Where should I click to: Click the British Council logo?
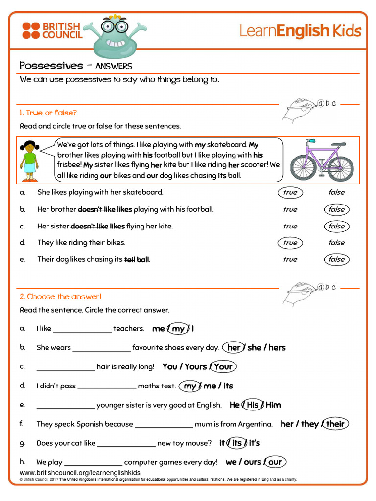point(52,30)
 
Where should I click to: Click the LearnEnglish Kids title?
point(300,31)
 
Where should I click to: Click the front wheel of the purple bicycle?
point(340,168)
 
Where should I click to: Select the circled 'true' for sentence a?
point(290,192)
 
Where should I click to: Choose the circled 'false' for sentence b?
point(336,209)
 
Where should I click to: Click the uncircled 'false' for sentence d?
point(336,242)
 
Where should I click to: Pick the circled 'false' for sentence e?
point(336,259)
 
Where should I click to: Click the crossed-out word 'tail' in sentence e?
point(129,260)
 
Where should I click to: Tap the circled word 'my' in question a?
point(178,329)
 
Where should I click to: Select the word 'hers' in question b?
point(277,348)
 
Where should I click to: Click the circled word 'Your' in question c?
point(223,366)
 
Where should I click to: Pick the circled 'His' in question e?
point(253,405)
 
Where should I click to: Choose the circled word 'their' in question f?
point(335,424)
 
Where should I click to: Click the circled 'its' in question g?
point(237,443)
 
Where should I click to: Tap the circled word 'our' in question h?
point(275,462)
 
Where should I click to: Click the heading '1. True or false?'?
point(48,113)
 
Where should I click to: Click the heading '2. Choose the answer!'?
point(60,296)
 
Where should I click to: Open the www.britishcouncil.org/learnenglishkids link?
point(80,473)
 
